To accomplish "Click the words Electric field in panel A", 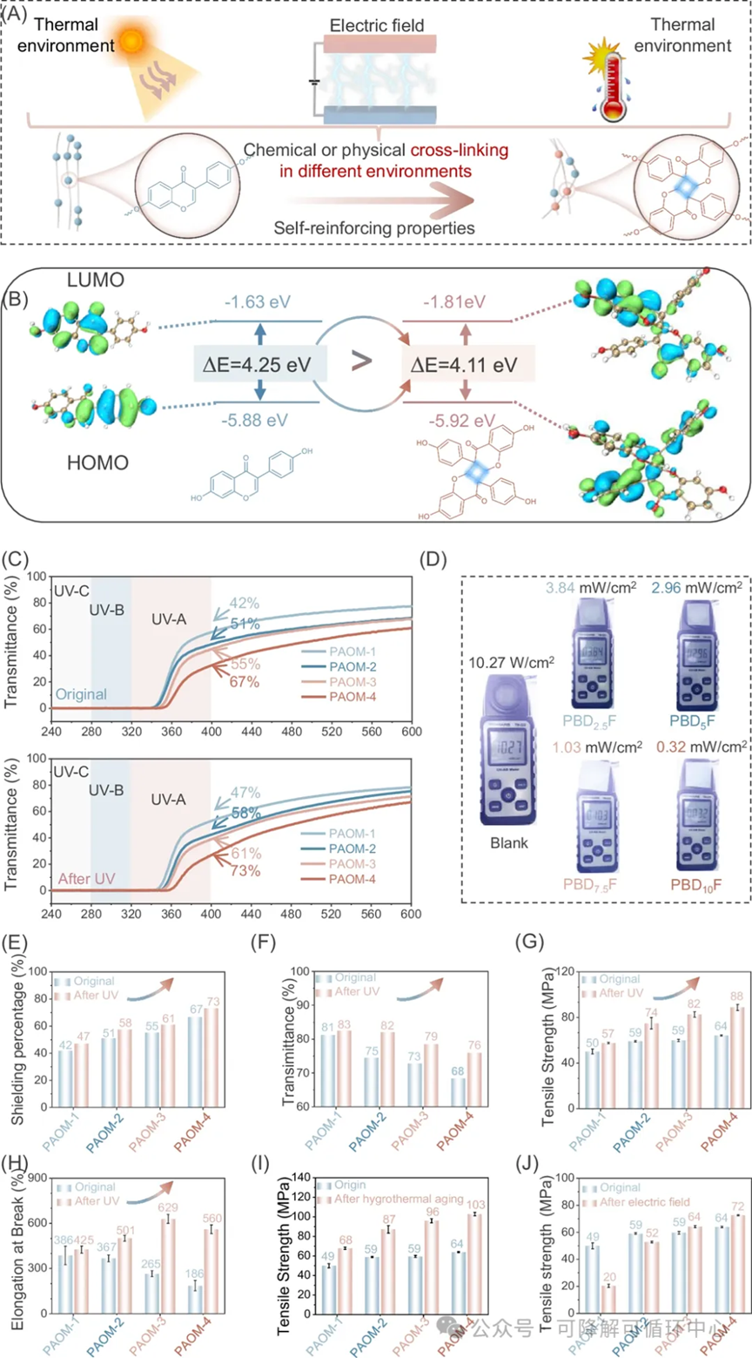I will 379,25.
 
